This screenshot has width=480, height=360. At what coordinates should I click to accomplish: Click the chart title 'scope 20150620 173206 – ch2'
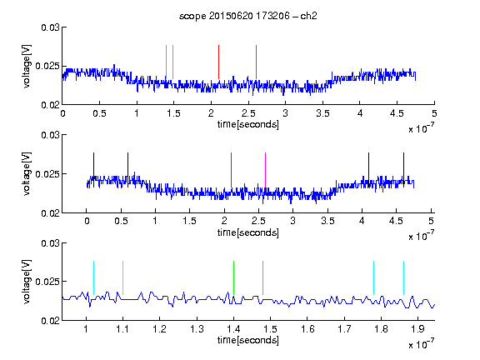click(248, 16)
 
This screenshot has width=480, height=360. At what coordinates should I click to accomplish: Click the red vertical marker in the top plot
click(218, 62)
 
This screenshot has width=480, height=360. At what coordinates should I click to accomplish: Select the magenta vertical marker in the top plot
click(256, 62)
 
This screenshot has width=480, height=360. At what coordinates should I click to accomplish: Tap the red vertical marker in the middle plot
click(231, 170)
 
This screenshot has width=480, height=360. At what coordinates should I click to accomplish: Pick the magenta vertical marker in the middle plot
click(265, 170)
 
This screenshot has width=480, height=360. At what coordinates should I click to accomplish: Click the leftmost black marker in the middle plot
click(93, 170)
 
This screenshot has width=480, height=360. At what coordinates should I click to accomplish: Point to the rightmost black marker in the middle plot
click(403, 170)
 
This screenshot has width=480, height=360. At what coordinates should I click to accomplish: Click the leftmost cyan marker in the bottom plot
click(93, 278)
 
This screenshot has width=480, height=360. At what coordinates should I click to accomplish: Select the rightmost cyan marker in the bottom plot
click(403, 278)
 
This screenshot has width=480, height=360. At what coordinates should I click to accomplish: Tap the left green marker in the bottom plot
click(233, 278)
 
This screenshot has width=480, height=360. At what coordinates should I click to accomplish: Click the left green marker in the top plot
click(166, 62)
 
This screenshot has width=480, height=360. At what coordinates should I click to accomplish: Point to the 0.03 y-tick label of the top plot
click(50, 27)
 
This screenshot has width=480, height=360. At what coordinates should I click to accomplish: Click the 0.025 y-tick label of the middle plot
click(47, 174)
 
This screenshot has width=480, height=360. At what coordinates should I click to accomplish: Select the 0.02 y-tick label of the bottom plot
click(50, 320)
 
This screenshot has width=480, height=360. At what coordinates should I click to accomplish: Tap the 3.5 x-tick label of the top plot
click(323, 114)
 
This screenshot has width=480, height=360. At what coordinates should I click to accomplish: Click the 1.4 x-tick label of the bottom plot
click(233, 329)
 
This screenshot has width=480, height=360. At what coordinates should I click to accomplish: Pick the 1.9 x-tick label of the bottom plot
click(417, 329)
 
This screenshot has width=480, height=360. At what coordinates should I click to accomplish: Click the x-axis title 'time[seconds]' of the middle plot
click(248, 232)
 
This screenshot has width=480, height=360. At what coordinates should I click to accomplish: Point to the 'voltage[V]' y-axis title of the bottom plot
click(27, 282)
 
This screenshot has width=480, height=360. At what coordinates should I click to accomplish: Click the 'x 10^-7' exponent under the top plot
click(421, 128)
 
